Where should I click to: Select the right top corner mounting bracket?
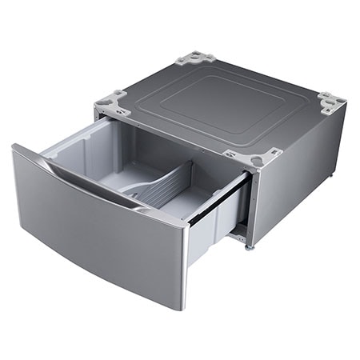click(330, 102)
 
